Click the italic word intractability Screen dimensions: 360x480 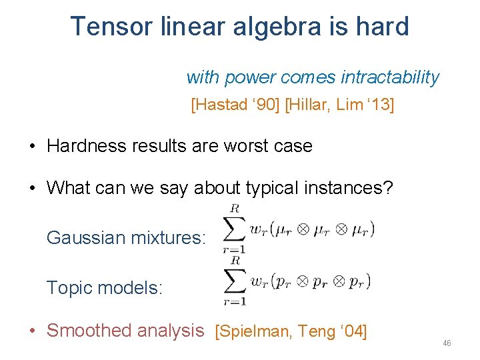390,77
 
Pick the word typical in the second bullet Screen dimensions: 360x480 271,187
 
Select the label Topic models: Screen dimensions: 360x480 104,288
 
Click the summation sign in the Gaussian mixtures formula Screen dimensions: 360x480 234,229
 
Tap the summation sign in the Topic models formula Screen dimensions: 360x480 234,280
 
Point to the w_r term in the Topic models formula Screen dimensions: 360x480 259,281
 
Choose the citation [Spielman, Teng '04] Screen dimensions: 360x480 291,331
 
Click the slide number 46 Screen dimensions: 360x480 447,343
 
